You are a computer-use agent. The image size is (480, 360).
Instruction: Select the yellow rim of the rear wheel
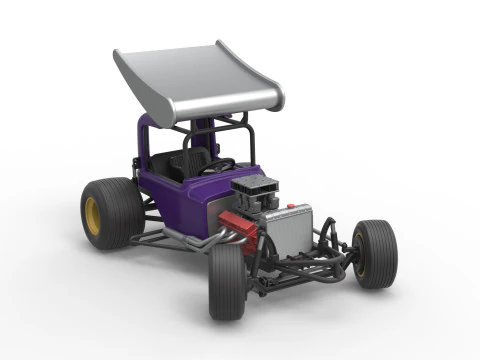point(93,216)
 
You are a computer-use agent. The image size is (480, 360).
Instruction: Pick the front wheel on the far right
point(376,254)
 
